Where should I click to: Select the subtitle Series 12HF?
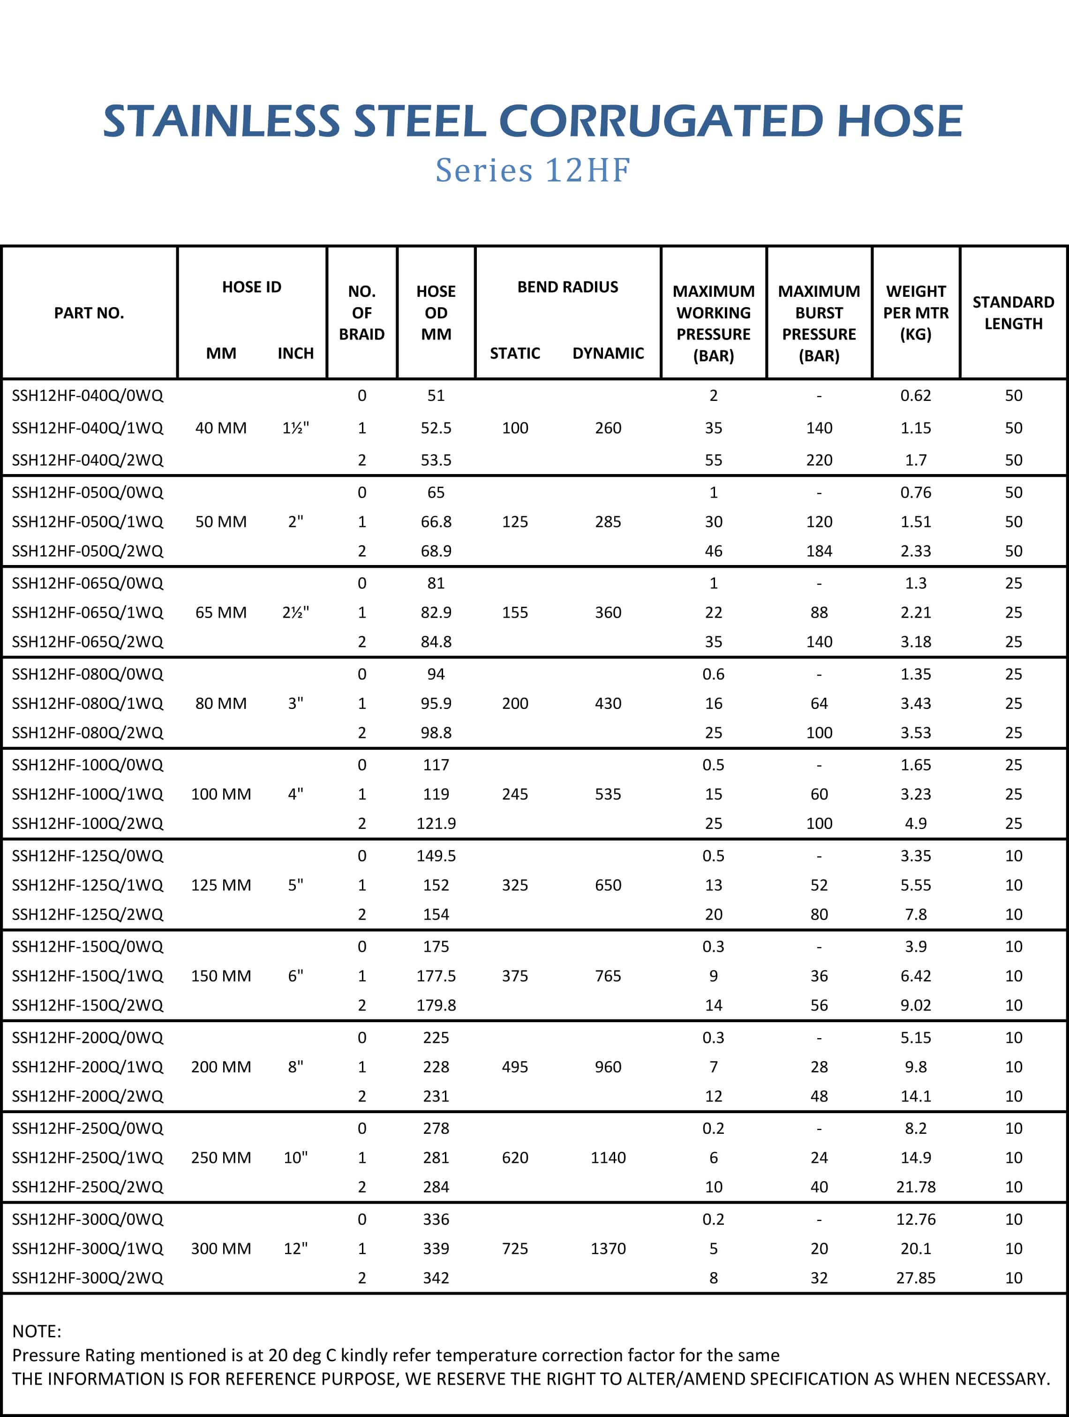[x=533, y=170]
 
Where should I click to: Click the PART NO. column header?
[x=89, y=313]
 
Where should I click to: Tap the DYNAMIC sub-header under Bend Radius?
[x=608, y=353]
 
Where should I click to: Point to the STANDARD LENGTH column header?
[x=1013, y=313]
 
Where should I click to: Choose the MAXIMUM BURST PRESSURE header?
[x=819, y=323]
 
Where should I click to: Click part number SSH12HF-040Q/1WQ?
[x=88, y=428]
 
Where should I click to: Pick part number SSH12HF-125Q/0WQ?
[x=88, y=856]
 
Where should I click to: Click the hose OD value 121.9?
[x=436, y=823]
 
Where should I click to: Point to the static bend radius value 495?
[x=515, y=1067]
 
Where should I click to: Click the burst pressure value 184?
[x=819, y=551]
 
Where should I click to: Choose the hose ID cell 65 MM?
[x=221, y=612]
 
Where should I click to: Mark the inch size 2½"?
[x=295, y=612]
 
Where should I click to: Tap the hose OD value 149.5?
[x=436, y=856]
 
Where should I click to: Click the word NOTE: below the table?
[x=37, y=1331]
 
